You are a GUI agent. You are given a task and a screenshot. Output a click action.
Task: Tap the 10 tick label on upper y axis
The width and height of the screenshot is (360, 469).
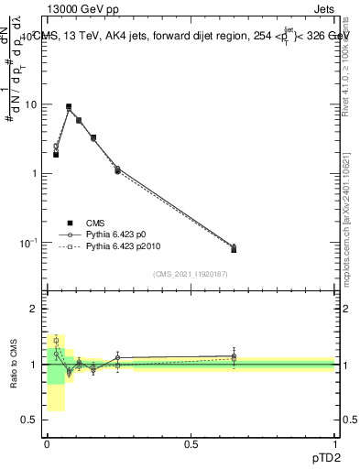pyautogui.click(x=30, y=104)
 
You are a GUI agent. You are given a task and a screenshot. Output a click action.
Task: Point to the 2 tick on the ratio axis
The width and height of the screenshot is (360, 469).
pyautogui.click(x=38, y=309)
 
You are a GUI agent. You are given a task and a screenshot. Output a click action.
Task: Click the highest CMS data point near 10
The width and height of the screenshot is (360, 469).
pyautogui.click(x=69, y=107)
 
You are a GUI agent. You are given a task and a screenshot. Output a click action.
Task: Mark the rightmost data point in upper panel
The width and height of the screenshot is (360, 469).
pyautogui.click(x=234, y=249)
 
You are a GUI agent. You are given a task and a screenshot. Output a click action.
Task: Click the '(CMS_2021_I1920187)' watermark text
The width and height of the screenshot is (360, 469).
pyautogui.click(x=191, y=275)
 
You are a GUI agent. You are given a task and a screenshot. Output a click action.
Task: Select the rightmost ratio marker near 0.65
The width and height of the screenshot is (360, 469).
pyautogui.click(x=234, y=355)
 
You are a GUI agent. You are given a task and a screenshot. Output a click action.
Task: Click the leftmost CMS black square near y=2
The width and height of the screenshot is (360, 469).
pyautogui.click(x=56, y=154)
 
